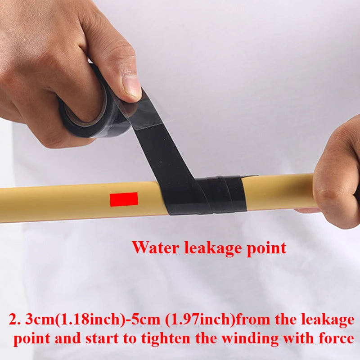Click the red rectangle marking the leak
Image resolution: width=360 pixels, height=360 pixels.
(x=124, y=199)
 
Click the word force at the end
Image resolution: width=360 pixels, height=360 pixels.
(x=336, y=338)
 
